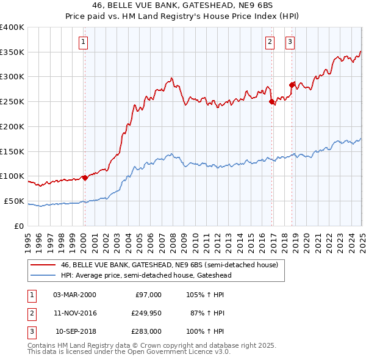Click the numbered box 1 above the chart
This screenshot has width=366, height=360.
(x=83, y=42)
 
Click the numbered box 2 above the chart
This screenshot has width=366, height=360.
(x=270, y=42)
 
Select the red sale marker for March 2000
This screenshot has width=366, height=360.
(x=85, y=178)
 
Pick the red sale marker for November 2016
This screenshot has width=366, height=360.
(x=272, y=102)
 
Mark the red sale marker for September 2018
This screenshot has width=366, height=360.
(x=292, y=85)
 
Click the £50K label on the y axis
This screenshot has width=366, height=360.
(x=14, y=201)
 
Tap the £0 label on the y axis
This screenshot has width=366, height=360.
(x=18, y=226)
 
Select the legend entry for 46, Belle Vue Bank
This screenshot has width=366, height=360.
(x=169, y=265)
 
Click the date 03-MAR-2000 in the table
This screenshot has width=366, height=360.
(x=74, y=295)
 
